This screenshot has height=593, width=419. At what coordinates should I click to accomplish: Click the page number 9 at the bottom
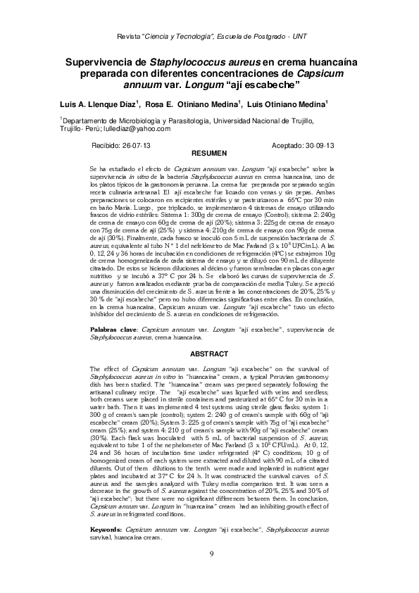[x=211, y=554]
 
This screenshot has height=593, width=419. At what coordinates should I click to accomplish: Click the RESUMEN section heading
[x=210, y=153]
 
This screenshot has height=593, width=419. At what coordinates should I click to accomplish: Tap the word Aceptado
[x=283, y=144]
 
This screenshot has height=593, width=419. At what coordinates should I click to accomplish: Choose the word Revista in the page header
[x=127, y=36]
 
